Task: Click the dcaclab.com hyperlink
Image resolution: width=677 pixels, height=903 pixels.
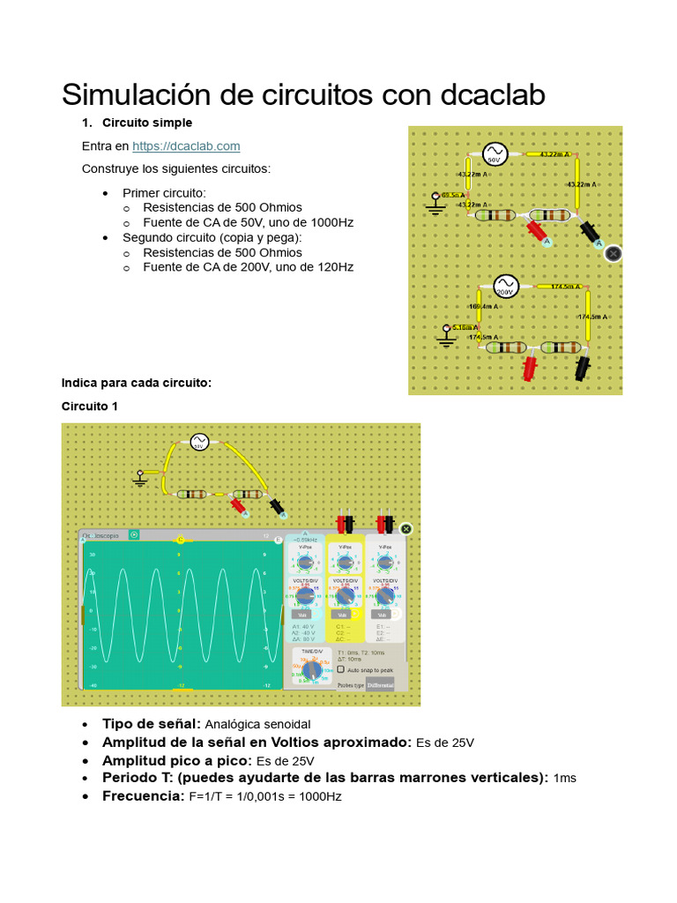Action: [x=186, y=146]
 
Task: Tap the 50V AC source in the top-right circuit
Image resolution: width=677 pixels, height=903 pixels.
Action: [x=495, y=155]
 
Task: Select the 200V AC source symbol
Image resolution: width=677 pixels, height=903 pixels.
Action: [x=506, y=287]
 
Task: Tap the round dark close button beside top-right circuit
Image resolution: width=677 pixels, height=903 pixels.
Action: [x=614, y=253]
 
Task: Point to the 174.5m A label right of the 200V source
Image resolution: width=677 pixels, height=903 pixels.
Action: [x=566, y=287]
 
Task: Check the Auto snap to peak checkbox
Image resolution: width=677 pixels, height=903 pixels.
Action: [x=341, y=670]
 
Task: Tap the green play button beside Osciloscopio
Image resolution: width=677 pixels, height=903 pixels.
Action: [x=134, y=534]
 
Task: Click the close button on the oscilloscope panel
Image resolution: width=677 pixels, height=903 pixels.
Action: [x=405, y=529]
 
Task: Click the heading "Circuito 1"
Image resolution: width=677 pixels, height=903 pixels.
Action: [x=89, y=407]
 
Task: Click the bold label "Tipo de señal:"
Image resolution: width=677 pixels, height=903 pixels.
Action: [x=152, y=724]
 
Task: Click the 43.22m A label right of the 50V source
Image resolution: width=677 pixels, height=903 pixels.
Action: [x=553, y=154]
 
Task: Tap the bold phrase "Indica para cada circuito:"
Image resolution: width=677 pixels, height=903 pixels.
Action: [x=137, y=383]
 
